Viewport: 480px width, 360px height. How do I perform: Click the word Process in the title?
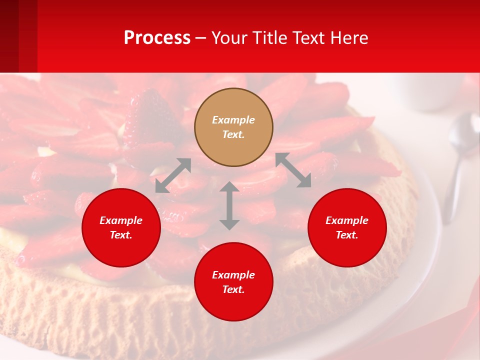[157, 38]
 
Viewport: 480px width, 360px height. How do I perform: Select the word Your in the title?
[228, 38]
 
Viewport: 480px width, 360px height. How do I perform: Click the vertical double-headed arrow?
[229, 205]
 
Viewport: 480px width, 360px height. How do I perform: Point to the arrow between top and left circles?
[173, 175]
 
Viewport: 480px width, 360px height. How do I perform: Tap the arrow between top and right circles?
[293, 170]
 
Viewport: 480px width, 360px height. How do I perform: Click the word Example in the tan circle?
[233, 120]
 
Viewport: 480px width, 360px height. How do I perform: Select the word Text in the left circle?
[121, 235]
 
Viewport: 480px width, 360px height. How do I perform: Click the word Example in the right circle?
[347, 220]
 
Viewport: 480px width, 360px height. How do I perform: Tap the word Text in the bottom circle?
[233, 289]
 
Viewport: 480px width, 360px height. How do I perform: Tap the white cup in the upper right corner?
[430, 92]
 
